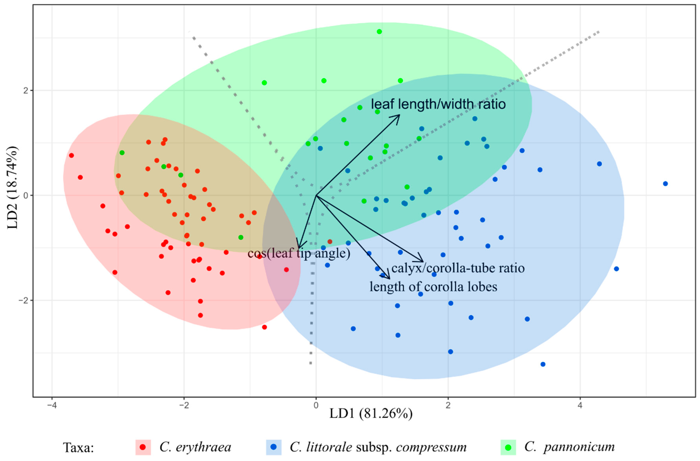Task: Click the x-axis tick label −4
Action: click(x=52, y=405)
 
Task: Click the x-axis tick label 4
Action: click(x=580, y=405)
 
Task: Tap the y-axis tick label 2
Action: click(x=26, y=90)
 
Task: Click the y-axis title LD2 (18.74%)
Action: click(x=12, y=187)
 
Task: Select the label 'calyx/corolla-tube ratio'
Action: click(x=458, y=268)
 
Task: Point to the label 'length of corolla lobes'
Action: click(x=433, y=287)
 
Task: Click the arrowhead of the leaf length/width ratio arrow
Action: click(x=399, y=115)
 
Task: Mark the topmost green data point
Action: click(x=379, y=32)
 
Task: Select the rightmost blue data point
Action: click(x=665, y=184)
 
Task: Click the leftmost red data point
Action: click(x=71, y=155)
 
